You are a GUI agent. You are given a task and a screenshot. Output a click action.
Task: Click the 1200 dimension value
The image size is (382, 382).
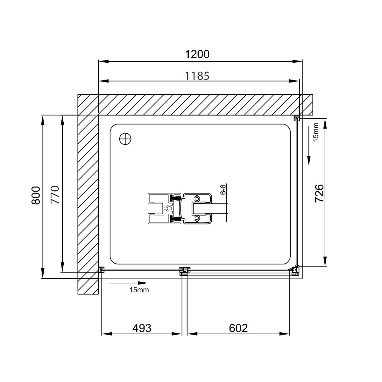click(x=197, y=54)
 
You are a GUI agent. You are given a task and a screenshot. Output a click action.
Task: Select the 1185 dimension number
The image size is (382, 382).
click(x=197, y=76)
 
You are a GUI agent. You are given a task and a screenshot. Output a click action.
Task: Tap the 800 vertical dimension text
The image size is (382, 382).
click(x=36, y=195)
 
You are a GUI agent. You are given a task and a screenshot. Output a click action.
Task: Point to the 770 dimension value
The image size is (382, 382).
click(x=55, y=195)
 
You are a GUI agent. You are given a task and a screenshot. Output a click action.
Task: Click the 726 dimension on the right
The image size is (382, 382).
click(x=319, y=193)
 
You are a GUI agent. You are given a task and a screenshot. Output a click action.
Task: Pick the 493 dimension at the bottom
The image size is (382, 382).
click(x=142, y=328)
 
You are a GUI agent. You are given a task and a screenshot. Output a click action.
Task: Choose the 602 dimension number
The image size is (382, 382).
click(x=238, y=328)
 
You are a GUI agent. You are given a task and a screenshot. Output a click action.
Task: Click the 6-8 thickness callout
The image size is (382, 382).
click(x=223, y=189)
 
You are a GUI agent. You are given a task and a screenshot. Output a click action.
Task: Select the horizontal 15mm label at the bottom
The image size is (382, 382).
click(x=139, y=290)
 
